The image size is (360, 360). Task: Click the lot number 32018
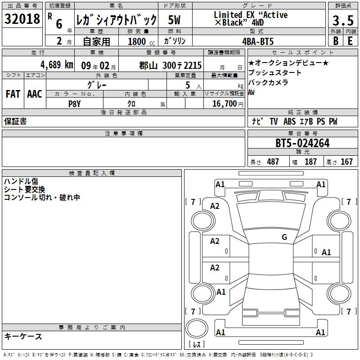(22, 19)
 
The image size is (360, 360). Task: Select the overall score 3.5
(343, 20)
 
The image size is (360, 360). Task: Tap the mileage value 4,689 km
(57, 65)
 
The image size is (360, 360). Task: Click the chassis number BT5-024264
(302, 143)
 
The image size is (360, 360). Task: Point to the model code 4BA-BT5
(258, 41)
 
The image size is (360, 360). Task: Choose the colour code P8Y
(75, 104)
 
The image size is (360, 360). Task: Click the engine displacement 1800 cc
(141, 41)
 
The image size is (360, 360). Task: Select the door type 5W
(174, 20)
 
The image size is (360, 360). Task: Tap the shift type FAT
(13, 94)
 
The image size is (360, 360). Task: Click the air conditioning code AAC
(35, 94)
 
